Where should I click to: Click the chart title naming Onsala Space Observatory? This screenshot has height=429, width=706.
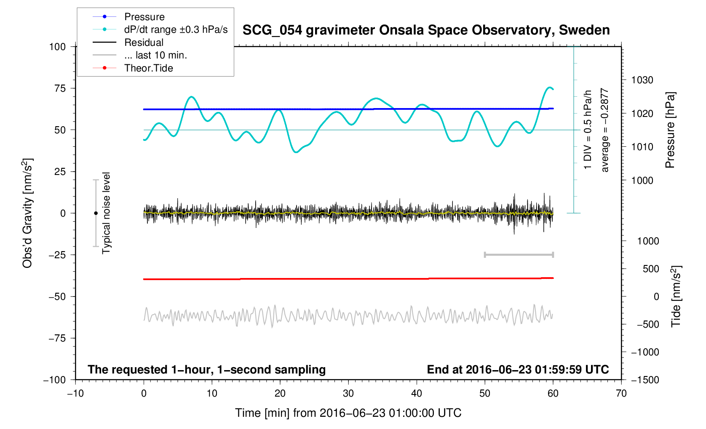[x=426, y=30]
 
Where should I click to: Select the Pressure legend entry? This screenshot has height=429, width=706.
[x=144, y=17]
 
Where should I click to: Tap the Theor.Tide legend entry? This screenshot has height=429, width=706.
[x=148, y=68]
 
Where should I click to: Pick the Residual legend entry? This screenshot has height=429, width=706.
[x=144, y=42]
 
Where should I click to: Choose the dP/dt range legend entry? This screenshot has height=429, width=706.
[x=176, y=29]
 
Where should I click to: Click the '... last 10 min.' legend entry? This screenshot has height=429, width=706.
[x=155, y=55]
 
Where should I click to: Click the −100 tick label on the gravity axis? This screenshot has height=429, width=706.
[x=55, y=380]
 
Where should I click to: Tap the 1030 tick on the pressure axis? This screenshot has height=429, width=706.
[x=642, y=80]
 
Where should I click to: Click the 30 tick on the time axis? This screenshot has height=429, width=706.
[x=348, y=394]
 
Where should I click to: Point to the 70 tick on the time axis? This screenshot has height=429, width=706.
[x=621, y=394]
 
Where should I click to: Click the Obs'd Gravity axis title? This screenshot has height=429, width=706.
[x=27, y=213]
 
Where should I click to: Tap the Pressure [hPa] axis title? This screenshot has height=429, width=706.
[x=670, y=130]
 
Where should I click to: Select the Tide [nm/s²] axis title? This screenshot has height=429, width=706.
[x=676, y=297]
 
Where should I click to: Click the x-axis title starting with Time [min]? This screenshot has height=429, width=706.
[x=348, y=413]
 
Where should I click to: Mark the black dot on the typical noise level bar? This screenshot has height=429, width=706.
[x=96, y=213]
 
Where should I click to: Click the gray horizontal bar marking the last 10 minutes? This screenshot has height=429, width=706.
[x=519, y=254]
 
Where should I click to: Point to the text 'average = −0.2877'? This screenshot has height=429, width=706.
[x=605, y=130]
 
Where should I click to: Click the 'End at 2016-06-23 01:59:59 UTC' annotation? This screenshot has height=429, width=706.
[x=518, y=370]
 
